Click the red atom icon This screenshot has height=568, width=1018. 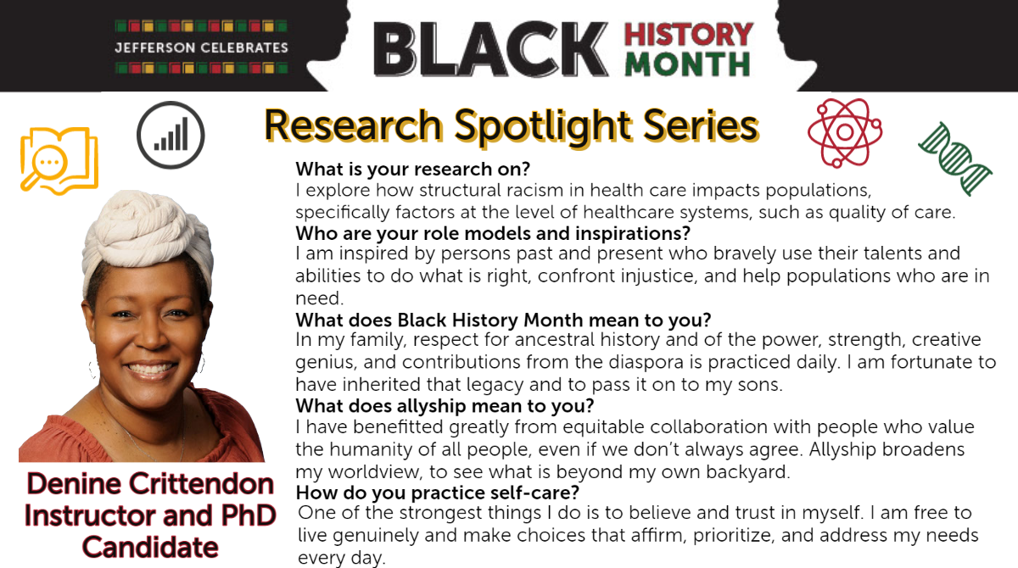pyautogui.click(x=845, y=132)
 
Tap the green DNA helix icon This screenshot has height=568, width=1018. pyautogui.click(x=955, y=159)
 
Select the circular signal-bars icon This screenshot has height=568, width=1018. pyautogui.click(x=171, y=136)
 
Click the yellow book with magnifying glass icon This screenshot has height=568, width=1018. pyautogui.click(x=59, y=161)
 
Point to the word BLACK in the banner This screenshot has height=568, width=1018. pyautogui.click(x=491, y=49)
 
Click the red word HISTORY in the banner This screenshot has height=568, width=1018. pyautogui.click(x=689, y=35)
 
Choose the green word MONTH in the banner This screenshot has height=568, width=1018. pyautogui.click(x=687, y=64)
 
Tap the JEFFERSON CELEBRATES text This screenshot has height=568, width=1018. pyautogui.click(x=201, y=47)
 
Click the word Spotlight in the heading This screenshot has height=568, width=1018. pyautogui.click(x=543, y=126)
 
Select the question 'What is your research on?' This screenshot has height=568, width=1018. pyautogui.click(x=412, y=169)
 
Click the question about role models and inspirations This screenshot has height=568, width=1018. pyautogui.click(x=493, y=233)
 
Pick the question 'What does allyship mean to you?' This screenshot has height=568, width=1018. pyautogui.click(x=445, y=405)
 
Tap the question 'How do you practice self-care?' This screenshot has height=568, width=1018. pyautogui.click(x=438, y=493)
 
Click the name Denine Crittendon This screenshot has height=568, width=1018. pyautogui.click(x=150, y=483)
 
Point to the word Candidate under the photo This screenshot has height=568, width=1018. pyautogui.click(x=150, y=547)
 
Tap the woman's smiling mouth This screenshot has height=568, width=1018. pyautogui.click(x=150, y=369)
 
